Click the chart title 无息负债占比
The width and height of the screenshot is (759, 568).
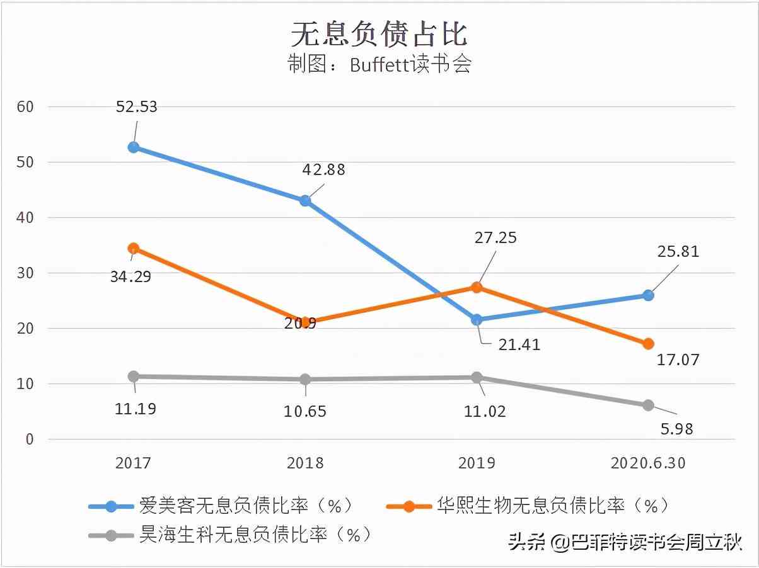(x=379, y=33)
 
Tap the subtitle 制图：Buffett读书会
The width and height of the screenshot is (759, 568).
(x=379, y=65)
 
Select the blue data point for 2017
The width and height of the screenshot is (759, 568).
(x=133, y=147)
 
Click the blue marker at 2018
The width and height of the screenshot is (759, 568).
(x=305, y=201)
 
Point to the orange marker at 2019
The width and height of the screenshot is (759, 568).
(x=477, y=288)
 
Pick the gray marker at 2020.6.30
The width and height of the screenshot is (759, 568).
(x=648, y=406)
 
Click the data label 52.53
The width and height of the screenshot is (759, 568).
(x=137, y=106)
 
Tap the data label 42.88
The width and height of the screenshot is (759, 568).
(x=324, y=169)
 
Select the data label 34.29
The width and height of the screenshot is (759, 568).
(x=130, y=276)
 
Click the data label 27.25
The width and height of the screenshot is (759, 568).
(x=495, y=237)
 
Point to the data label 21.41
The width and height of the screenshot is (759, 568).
(x=519, y=344)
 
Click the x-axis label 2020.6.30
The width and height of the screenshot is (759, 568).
(x=648, y=463)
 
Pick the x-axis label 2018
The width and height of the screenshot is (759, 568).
(x=305, y=463)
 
